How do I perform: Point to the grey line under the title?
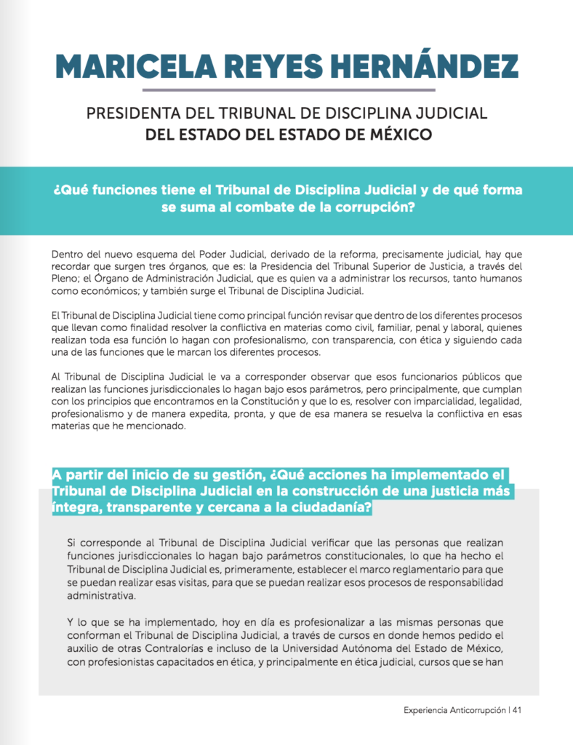point(289,90)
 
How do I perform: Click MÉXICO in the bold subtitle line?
point(399,135)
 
